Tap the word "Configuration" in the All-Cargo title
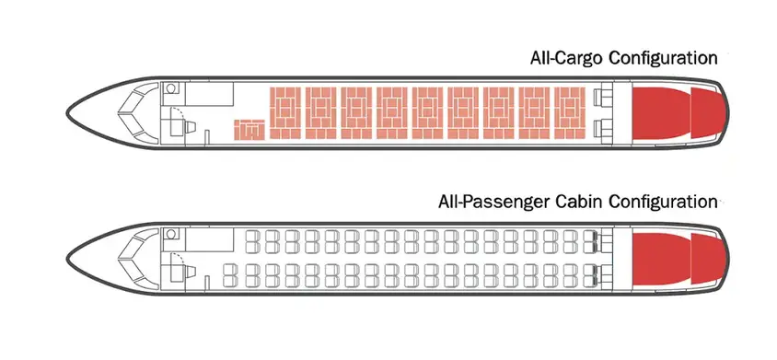click(662, 58)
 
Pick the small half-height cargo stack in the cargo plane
click(248, 130)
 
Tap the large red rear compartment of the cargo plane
click(660, 113)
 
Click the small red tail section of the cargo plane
click(707, 113)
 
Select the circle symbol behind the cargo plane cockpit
click(170, 91)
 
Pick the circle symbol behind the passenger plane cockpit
click(170, 236)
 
